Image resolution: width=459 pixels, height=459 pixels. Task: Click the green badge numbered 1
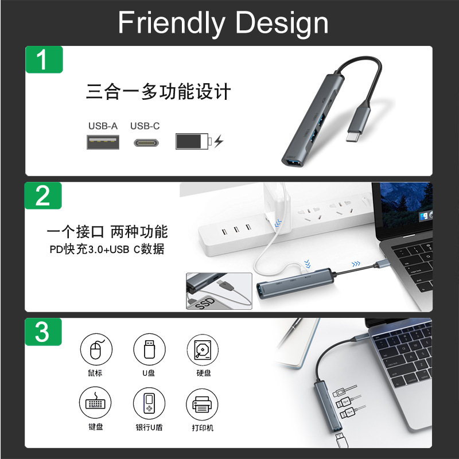click(x=44, y=60)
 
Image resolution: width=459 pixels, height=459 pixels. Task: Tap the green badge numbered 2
click(x=43, y=196)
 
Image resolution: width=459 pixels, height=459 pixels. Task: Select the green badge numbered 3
click(x=43, y=332)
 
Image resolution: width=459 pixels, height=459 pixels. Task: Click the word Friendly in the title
click(x=172, y=24)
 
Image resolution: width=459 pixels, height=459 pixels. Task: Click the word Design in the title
click(x=282, y=24)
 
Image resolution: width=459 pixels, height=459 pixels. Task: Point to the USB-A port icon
click(x=103, y=142)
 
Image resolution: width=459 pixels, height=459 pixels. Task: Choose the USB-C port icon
click(x=146, y=143)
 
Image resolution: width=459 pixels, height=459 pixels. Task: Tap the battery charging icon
click(x=199, y=141)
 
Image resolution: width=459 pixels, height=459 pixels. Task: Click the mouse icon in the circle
click(x=96, y=349)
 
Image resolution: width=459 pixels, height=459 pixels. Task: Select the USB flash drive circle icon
click(x=149, y=349)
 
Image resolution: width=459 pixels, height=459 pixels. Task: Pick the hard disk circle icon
click(x=203, y=350)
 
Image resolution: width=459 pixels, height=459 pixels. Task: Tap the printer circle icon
click(x=202, y=404)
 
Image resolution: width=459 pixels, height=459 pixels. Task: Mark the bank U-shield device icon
click(x=149, y=403)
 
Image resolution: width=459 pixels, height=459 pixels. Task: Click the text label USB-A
click(x=103, y=126)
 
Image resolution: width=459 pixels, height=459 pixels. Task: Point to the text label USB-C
click(x=145, y=126)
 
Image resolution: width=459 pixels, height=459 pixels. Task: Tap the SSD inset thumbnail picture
click(x=219, y=291)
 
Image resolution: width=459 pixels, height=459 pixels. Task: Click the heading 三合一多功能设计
click(x=158, y=91)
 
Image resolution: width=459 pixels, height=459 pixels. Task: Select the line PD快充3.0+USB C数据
click(x=107, y=249)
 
